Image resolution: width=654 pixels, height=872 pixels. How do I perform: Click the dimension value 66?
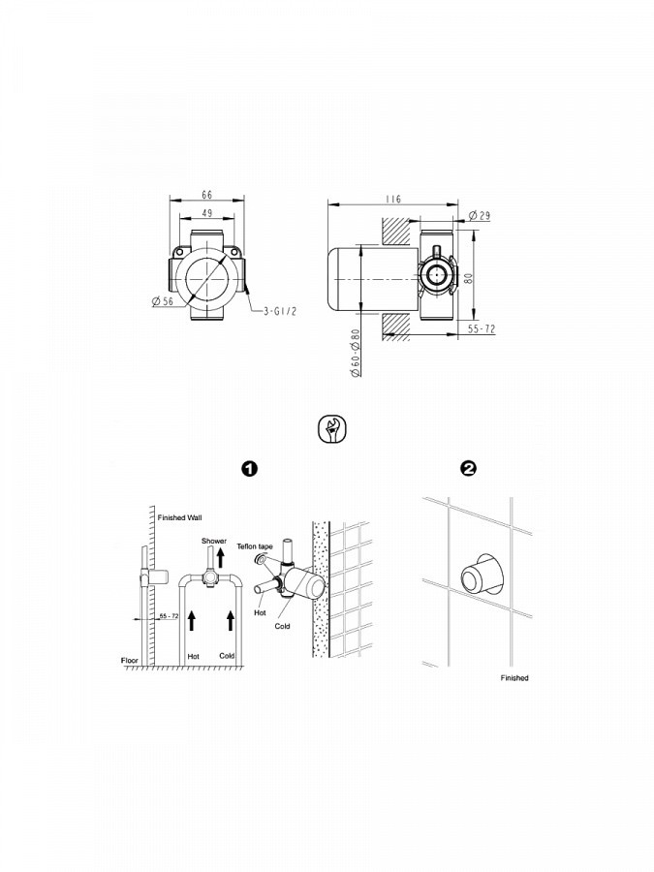(207, 195)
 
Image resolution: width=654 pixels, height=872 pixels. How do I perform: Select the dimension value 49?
(207, 213)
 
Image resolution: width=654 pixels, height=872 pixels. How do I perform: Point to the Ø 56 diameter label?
(163, 301)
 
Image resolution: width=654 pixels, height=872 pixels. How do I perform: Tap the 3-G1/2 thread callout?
(280, 311)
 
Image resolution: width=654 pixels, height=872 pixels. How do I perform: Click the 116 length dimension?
(393, 199)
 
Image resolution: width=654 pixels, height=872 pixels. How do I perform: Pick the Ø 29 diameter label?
(480, 215)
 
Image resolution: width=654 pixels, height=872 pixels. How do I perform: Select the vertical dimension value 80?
(469, 277)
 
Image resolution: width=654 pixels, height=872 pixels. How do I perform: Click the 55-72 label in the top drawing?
(481, 328)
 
